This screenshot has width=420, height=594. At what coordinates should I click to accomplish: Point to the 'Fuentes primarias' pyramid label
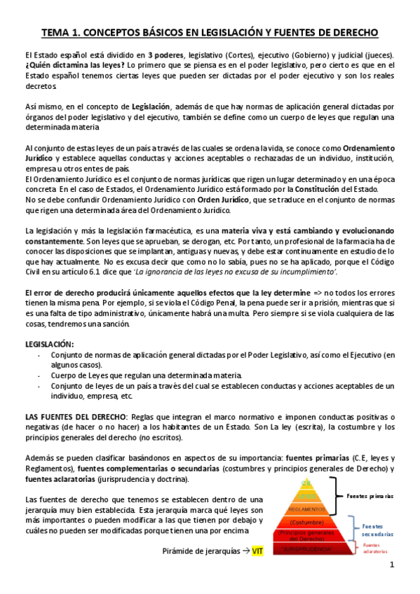coord(370,495)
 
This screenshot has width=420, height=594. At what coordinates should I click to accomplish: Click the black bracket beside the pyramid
coord(338,495)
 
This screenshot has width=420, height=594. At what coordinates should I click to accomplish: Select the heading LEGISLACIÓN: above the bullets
coord(49,344)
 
